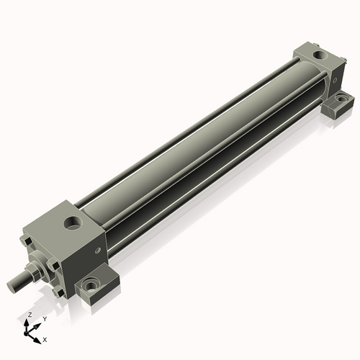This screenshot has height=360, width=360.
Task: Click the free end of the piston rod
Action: [11, 287]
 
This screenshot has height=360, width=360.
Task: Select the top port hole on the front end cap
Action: [73, 222]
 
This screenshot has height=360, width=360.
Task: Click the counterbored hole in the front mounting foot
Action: [91, 285]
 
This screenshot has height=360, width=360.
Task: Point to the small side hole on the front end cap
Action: [97, 251]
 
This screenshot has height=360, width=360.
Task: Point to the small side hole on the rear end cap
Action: [335, 80]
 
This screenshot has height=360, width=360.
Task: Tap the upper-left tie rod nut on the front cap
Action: [27, 241]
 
